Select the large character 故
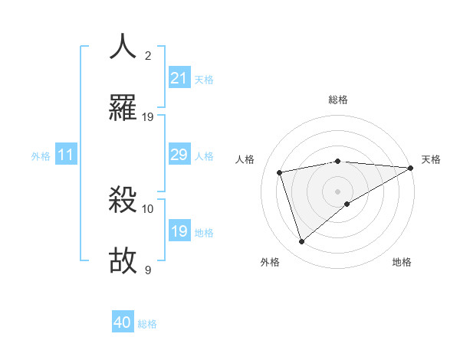pos(123,260)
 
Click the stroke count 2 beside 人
pos(148,56)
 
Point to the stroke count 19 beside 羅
pos(148,116)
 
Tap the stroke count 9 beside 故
pos(148,270)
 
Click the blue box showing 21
pos(179,78)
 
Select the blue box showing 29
pos(179,155)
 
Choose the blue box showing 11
pos(66,155)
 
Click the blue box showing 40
pos(123,322)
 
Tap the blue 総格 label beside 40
pos(147,324)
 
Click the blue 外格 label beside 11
pos(41,156)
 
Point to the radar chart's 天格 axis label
pos(431,159)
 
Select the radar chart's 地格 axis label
pos(402,262)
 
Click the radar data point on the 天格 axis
pos(411,168)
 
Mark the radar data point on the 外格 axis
pos(301,242)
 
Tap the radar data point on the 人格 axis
pos(280,172)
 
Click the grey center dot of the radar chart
pos(338,190)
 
